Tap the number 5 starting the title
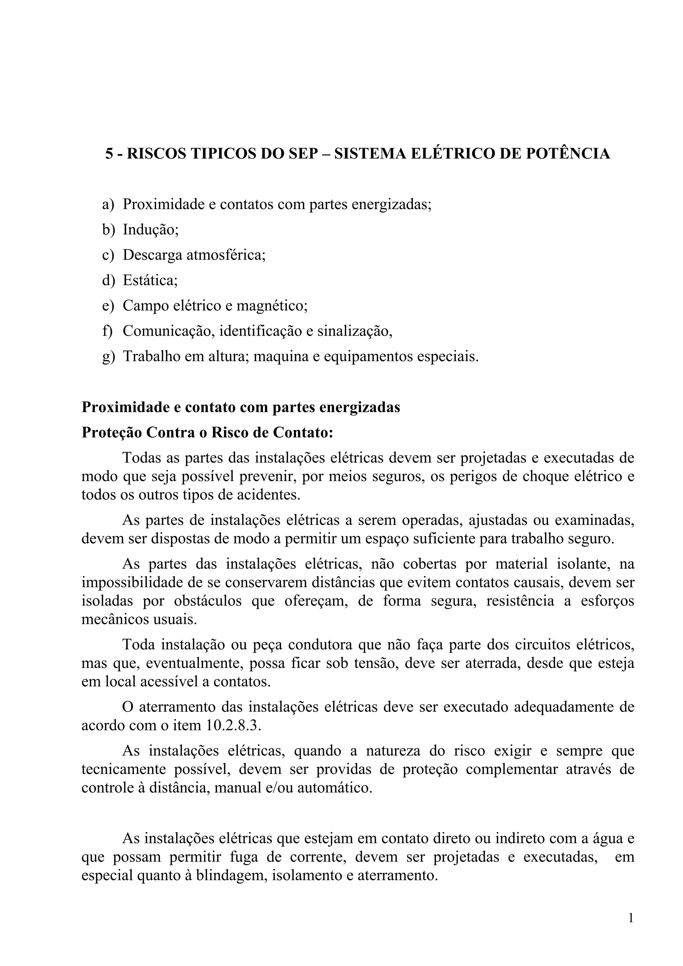[109, 154]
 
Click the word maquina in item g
[280, 356]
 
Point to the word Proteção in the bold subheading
[111, 433]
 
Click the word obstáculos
[208, 601]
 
